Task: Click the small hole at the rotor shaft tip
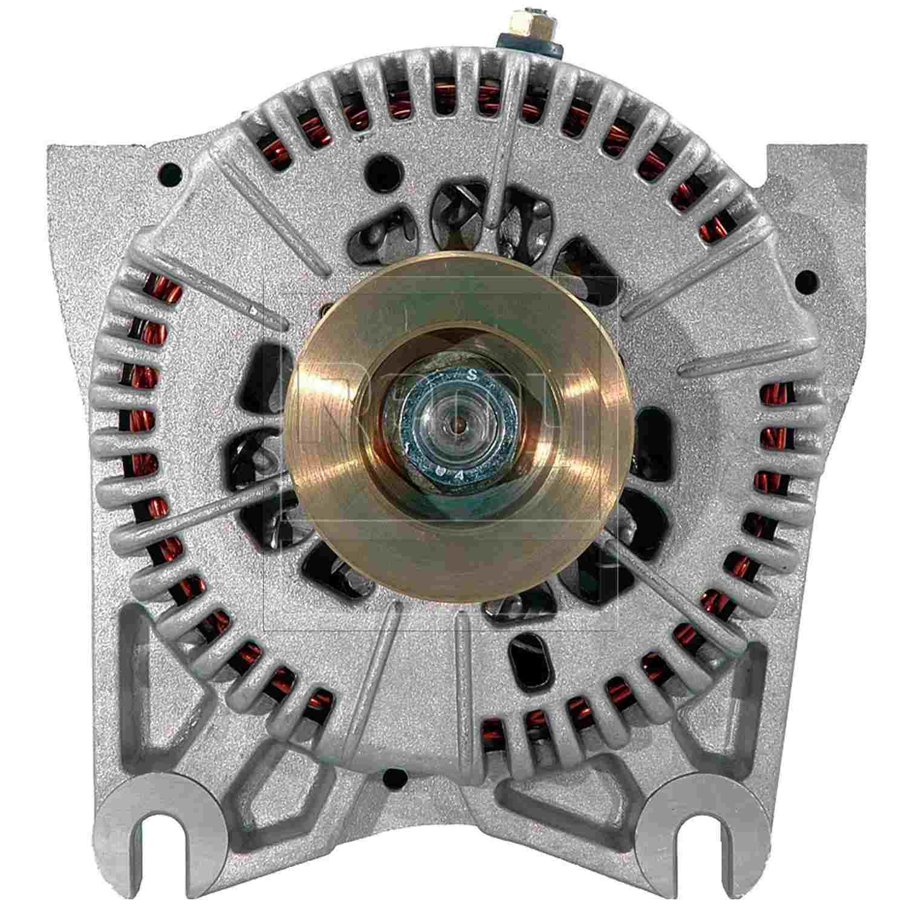coord(461,424)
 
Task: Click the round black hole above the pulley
coord(382,165)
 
